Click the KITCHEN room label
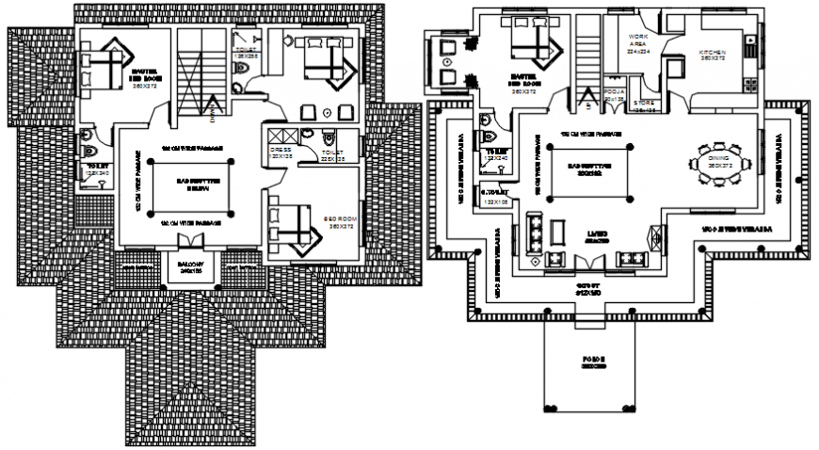pos(712,54)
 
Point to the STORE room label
pos(644,104)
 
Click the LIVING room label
pos(595,235)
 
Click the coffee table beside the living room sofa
pos(556,233)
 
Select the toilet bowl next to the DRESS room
pos(326,135)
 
